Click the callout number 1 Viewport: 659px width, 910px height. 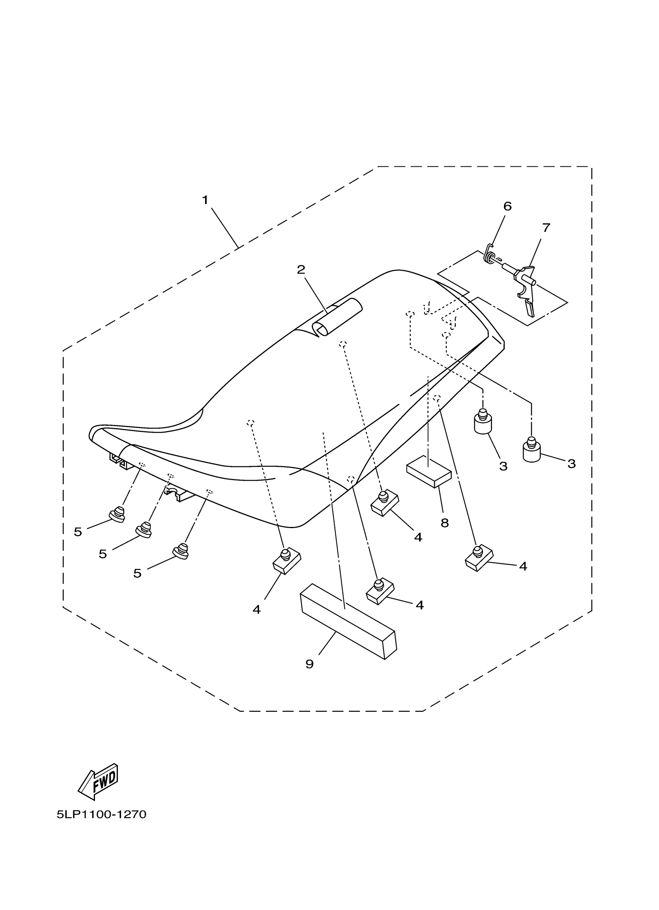pyautogui.click(x=205, y=200)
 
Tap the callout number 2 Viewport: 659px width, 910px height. pyautogui.click(x=301, y=269)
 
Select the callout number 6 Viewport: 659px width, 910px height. pyautogui.click(x=507, y=206)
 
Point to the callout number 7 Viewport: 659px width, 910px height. pyautogui.click(x=546, y=228)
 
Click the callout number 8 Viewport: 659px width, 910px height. pyautogui.click(x=444, y=523)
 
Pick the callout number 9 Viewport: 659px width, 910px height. pyautogui.click(x=309, y=664)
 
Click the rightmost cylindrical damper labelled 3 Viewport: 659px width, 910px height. pyautogui.click(x=531, y=451)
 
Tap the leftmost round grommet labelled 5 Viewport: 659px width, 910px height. pyautogui.click(x=117, y=514)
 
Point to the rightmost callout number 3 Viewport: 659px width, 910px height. pyautogui.click(x=571, y=464)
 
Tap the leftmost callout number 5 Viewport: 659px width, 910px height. pyautogui.click(x=78, y=532)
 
